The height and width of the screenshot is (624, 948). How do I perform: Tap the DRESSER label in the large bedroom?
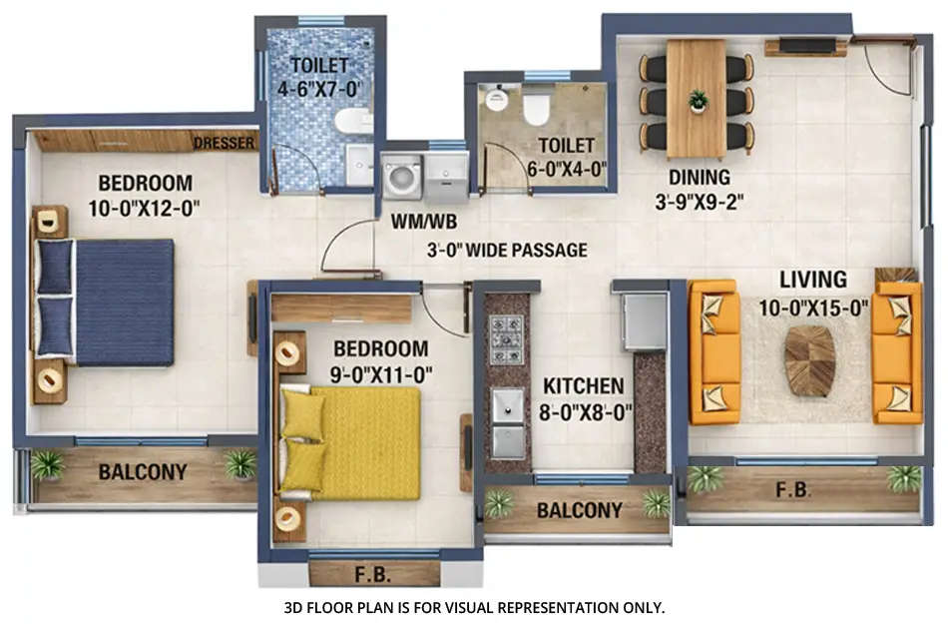pos(225,143)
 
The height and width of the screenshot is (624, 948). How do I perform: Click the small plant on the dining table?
pos(698,100)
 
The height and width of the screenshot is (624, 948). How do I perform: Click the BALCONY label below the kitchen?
pos(579,510)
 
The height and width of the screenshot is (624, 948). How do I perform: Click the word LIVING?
pos(813,280)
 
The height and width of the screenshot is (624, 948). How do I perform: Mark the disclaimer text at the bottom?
pos(474,606)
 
